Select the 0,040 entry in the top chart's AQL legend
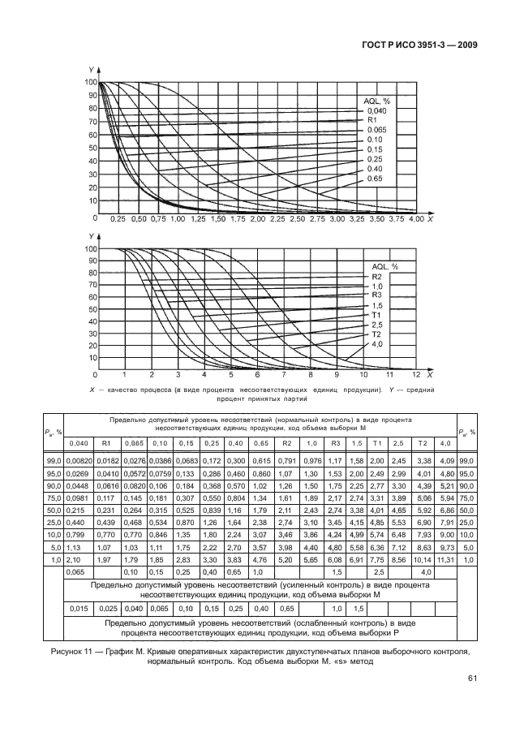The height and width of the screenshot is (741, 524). (x=375, y=110)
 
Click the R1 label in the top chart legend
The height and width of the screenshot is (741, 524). (x=372, y=120)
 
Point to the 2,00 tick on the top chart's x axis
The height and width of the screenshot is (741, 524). (x=258, y=220)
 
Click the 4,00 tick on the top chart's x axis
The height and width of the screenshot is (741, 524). (x=416, y=220)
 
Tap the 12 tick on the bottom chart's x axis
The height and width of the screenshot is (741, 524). (x=416, y=376)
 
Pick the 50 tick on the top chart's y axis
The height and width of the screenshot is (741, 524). (x=91, y=148)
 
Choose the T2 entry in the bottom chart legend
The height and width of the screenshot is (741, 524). (x=376, y=334)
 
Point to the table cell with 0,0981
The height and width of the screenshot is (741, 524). (x=79, y=498)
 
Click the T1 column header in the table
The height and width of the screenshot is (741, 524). (x=375, y=442)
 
